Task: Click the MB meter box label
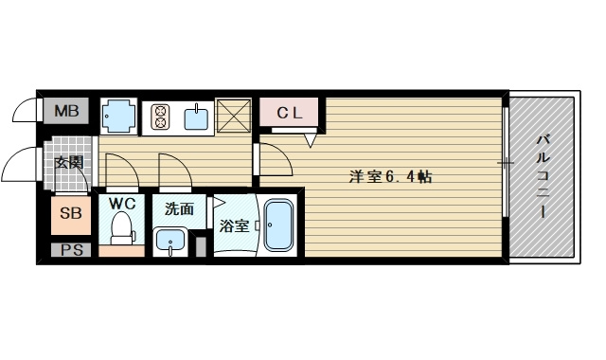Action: (x=66, y=112)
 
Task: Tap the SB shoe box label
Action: (x=71, y=213)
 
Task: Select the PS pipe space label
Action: (x=71, y=250)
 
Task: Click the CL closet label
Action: (x=289, y=113)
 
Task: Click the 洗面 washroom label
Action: (x=179, y=208)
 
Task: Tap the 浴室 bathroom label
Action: (x=234, y=225)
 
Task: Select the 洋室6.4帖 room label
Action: (x=390, y=175)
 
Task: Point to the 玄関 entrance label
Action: (x=68, y=162)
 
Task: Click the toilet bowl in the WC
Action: (x=120, y=228)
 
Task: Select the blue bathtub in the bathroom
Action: (x=279, y=225)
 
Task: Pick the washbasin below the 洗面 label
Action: (x=170, y=241)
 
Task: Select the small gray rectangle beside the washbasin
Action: (x=201, y=246)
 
